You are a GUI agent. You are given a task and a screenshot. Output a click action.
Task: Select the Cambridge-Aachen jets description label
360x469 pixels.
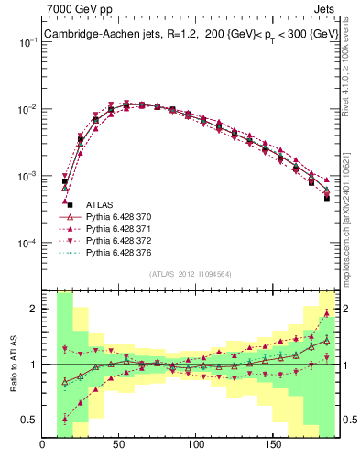(x=187, y=35)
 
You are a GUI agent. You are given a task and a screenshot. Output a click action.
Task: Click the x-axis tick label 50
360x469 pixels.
(x=119, y=445)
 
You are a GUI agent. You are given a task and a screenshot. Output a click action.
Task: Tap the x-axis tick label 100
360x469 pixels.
(x=195, y=445)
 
